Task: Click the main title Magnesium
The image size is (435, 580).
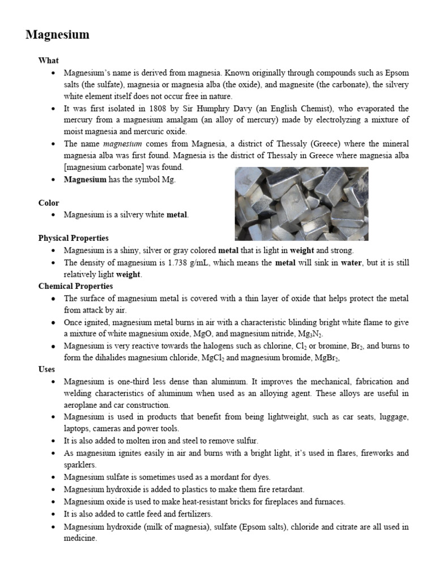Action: tap(57, 35)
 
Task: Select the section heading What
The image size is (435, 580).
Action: tap(48, 61)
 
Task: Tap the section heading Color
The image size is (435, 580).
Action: tap(49, 203)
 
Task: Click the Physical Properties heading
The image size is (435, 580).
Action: tap(74, 238)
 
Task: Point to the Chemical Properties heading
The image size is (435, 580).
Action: tap(75, 286)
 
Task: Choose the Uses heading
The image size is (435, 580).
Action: tap(46, 369)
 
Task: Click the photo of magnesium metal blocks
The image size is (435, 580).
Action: tap(301, 203)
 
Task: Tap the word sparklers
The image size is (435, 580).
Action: tap(80, 464)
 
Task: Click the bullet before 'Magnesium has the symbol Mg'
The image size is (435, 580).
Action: tap(53, 180)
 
